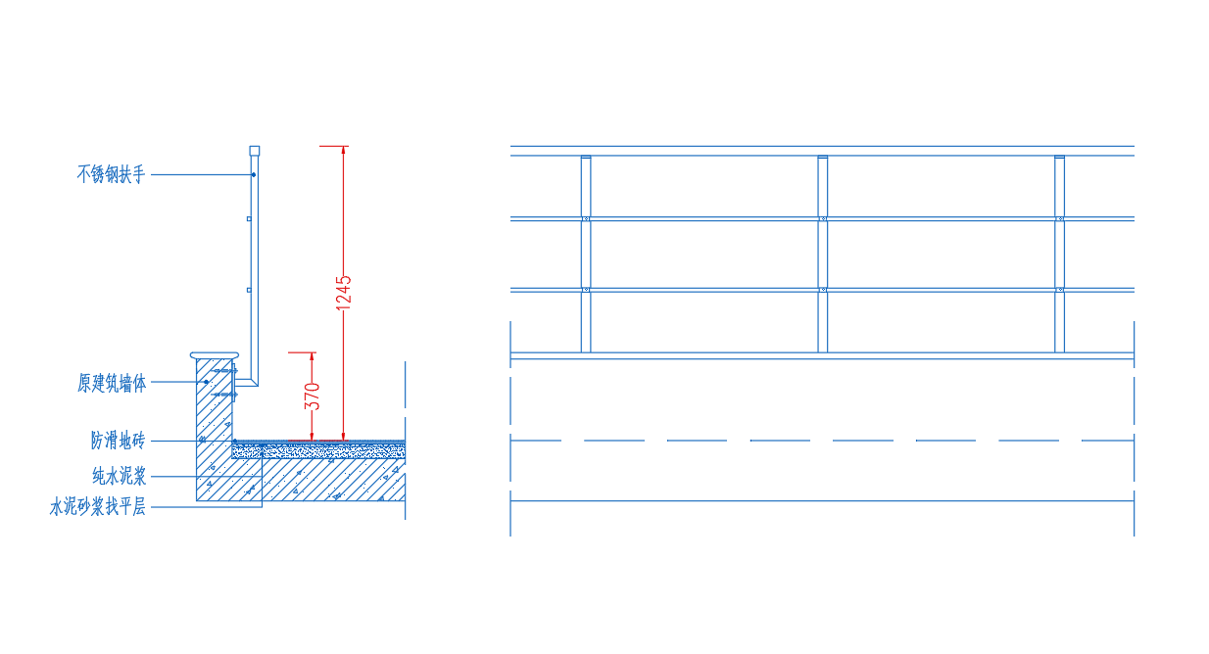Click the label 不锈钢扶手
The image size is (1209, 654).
coord(111,174)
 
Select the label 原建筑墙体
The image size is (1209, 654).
coord(112,383)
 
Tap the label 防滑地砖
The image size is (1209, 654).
coord(119,440)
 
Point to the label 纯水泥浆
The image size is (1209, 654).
coord(120,476)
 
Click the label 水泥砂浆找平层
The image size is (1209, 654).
coord(98,507)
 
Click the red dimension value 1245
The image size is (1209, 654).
coord(344,293)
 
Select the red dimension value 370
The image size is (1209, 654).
coord(313,397)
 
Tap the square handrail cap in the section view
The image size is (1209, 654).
coord(254,151)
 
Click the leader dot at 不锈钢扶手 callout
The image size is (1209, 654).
coord(254,174)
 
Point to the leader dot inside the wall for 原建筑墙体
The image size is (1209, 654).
coord(206,382)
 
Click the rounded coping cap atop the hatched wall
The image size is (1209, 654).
coord(215,355)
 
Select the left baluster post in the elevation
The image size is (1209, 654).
coord(586,254)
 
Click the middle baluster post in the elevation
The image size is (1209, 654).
coord(823,254)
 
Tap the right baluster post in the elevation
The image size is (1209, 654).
coord(1059,254)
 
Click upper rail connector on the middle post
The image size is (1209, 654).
coord(823,219)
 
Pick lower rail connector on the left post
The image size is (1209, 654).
coord(586,290)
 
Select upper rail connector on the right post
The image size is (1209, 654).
coord(1059,219)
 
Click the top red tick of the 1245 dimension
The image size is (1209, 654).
coord(333,146)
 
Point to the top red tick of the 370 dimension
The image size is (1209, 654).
coord(302,352)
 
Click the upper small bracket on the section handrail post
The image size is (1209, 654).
coord(249,219)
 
